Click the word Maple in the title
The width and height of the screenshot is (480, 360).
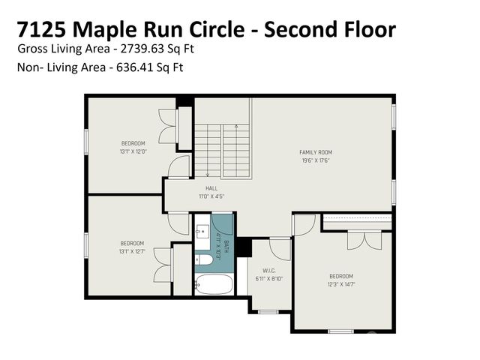point(130,29)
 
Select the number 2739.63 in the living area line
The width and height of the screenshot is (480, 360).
point(143,49)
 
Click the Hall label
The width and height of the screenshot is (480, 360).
point(211,188)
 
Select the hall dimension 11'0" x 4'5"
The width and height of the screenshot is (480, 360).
point(211,196)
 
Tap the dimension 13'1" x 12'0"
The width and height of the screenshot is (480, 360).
point(133,151)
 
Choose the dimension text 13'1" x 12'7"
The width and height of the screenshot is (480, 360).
point(133,251)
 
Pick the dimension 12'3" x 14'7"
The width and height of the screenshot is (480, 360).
point(341,284)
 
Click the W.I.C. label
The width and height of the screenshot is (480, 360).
point(270,271)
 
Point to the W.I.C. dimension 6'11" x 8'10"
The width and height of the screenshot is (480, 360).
point(270,278)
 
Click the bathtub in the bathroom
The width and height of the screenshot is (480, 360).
point(213,284)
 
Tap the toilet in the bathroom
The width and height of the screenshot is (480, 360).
point(203,260)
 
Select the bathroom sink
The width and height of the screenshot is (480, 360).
point(202,230)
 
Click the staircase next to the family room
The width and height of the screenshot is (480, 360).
point(222,151)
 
